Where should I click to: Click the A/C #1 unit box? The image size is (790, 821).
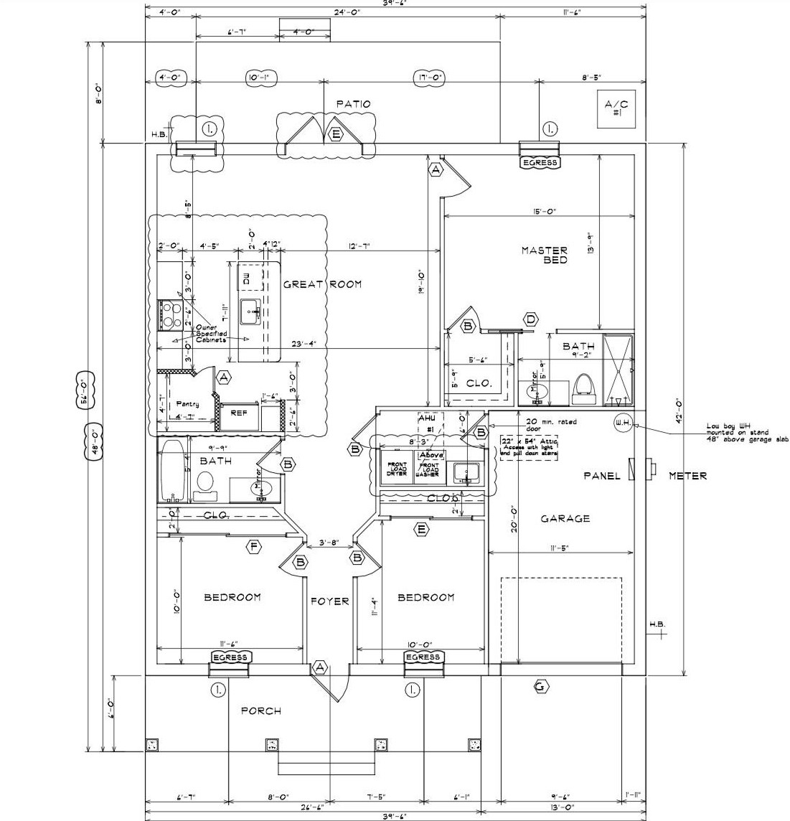[616, 110]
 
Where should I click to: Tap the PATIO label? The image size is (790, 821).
[353, 104]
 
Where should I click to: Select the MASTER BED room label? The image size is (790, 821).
[544, 255]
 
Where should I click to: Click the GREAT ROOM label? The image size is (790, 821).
[322, 284]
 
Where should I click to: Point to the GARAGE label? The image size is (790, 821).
[566, 518]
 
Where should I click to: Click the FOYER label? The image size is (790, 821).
[329, 601]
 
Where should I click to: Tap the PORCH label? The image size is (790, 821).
[260, 710]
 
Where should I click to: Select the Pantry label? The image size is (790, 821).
[185, 404]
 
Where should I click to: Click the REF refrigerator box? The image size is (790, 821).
[238, 414]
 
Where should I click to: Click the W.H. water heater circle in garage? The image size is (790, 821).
[622, 423]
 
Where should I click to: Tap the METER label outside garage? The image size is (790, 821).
[687, 476]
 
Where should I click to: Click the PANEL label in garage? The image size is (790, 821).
[601, 476]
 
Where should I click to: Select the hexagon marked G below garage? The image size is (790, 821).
[541, 688]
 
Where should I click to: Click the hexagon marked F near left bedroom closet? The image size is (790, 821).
[253, 548]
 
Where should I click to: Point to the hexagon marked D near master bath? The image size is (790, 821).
[531, 319]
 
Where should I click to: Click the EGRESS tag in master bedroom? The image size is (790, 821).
[540, 162]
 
